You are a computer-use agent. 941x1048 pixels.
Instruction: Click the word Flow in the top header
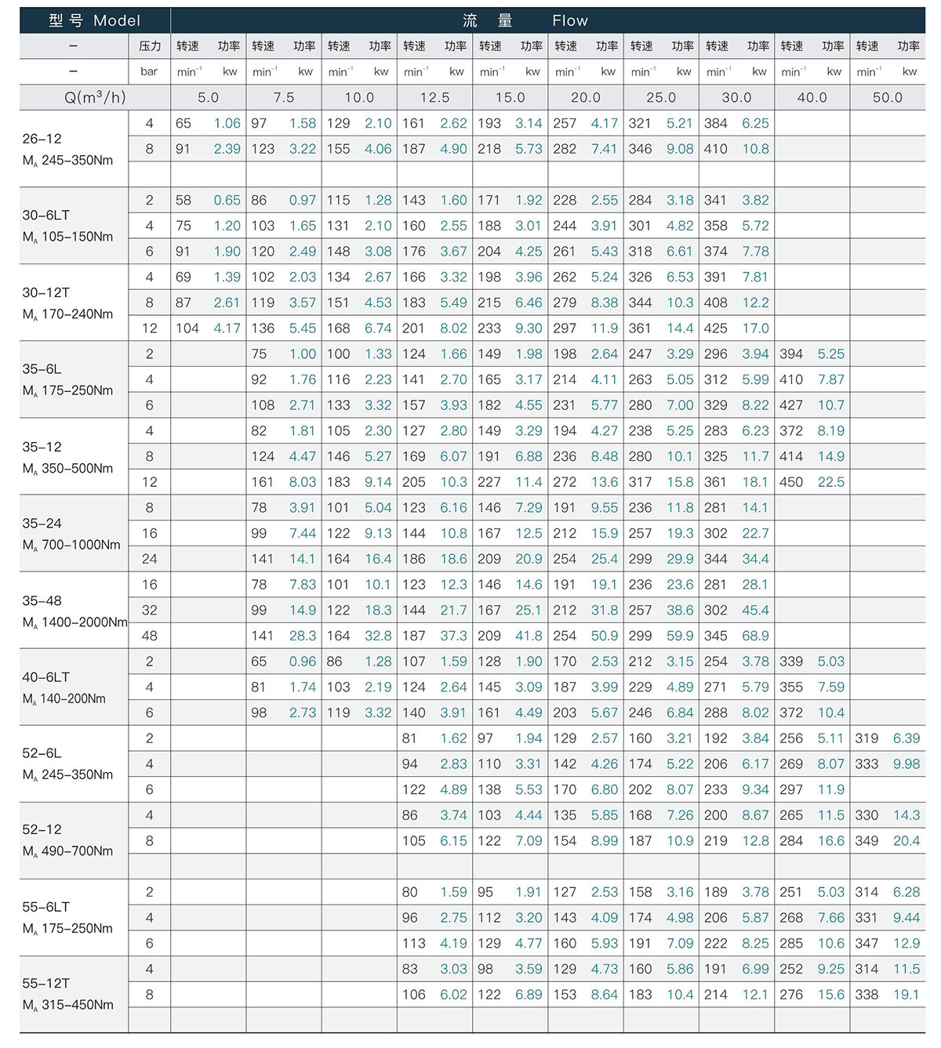point(569,20)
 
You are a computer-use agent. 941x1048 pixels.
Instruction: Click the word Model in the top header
point(117,20)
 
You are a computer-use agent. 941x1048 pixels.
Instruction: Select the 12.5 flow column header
point(434,97)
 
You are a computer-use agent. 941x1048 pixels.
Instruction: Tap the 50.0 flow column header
point(888,97)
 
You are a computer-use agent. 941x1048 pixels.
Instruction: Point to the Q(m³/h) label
point(95,97)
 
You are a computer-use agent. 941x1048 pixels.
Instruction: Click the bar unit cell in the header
point(149,71)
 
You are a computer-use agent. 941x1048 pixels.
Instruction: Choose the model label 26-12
point(42,139)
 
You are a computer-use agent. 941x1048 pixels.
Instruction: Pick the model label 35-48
point(42,600)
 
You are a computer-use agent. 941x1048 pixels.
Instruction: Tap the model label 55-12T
point(46,983)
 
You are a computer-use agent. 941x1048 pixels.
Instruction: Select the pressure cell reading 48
point(149,636)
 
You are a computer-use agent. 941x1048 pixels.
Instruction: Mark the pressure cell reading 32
point(149,610)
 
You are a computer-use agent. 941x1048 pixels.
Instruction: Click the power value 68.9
point(755,636)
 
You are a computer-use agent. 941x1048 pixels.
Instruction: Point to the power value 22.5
point(830,482)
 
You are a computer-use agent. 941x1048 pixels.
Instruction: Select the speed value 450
point(791,482)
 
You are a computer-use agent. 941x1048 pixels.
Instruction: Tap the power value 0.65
point(227,200)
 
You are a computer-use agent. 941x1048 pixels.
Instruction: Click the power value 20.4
point(906,841)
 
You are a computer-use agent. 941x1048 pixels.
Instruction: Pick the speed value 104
point(187,328)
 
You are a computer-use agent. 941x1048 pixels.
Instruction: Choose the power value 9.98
point(906,764)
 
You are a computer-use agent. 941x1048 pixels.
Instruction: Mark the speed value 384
point(715,123)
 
